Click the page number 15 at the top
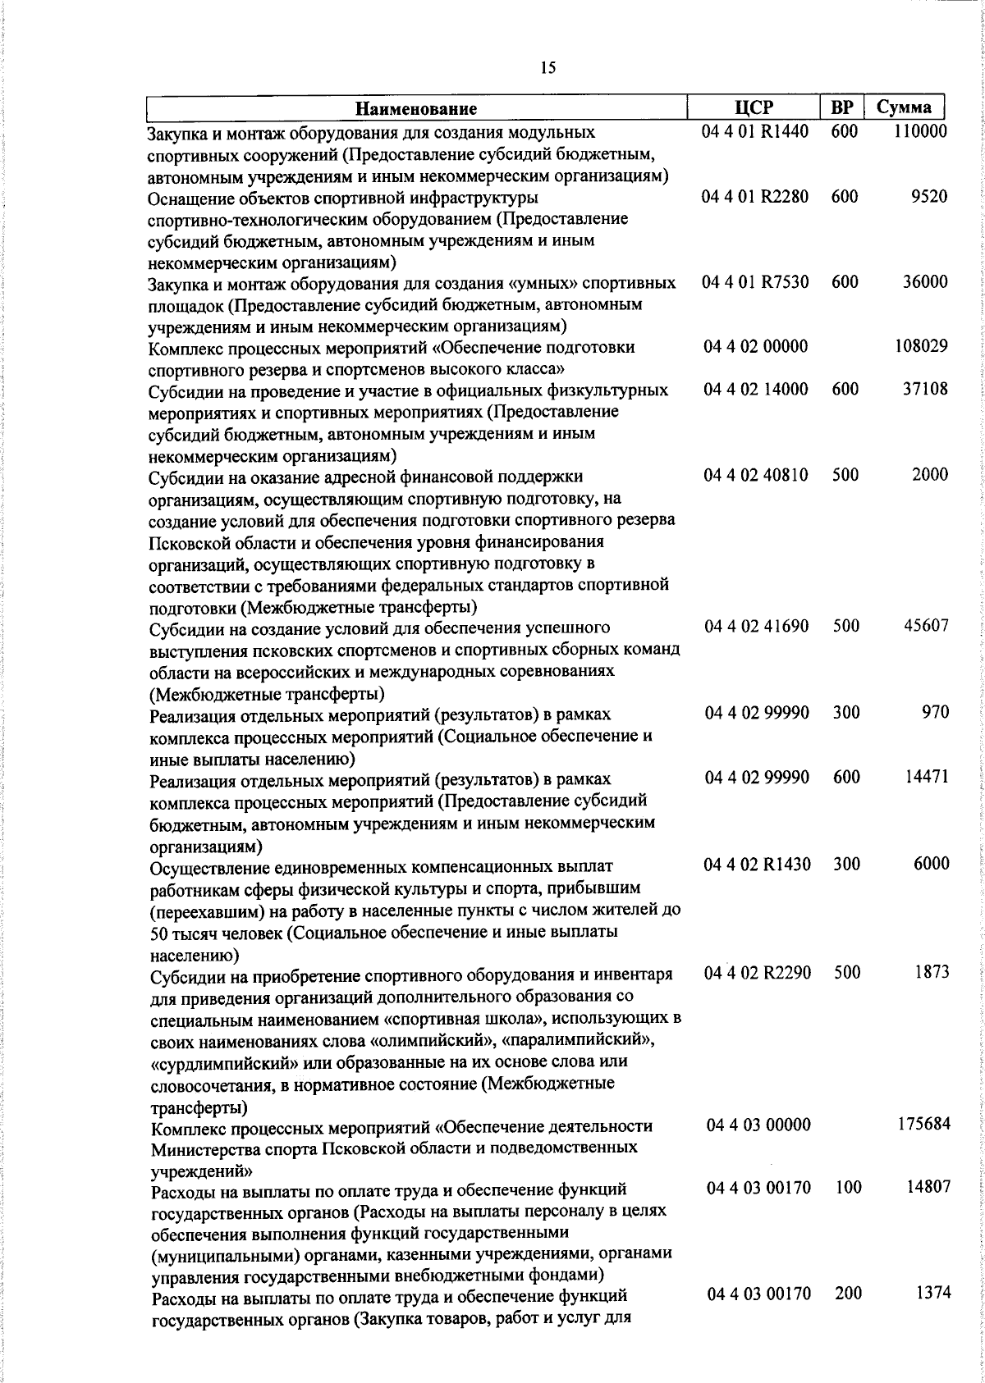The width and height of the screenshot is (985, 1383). (x=548, y=68)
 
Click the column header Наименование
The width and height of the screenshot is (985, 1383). (x=416, y=108)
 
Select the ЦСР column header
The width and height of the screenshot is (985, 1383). (x=754, y=107)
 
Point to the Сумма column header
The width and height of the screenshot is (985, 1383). (x=904, y=107)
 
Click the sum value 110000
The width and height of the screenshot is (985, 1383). (x=920, y=131)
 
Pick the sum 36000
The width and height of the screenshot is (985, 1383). (x=925, y=282)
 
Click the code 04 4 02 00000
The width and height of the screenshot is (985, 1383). (x=756, y=347)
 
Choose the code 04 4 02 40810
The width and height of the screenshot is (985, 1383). (x=756, y=475)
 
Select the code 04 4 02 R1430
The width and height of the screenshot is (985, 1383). (x=758, y=864)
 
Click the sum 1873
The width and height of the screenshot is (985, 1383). (x=932, y=972)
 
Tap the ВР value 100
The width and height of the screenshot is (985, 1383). (x=847, y=1188)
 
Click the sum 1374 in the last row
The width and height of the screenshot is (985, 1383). (x=932, y=1294)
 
